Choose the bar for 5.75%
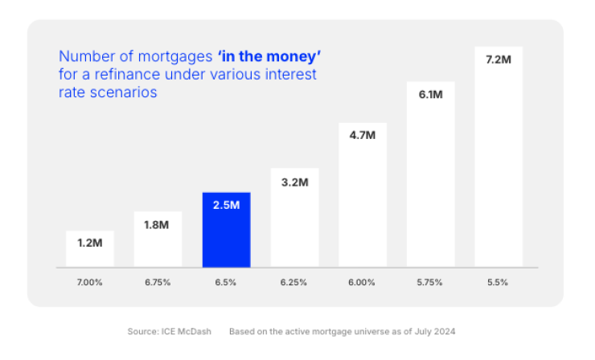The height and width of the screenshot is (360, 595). click(x=431, y=185)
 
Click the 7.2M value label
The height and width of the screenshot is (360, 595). click(x=499, y=61)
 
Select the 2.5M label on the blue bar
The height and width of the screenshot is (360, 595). click(x=226, y=205)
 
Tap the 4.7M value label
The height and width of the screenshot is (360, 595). click(x=363, y=135)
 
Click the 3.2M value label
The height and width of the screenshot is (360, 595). click(x=294, y=182)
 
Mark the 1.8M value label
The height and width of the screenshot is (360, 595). click(x=158, y=224)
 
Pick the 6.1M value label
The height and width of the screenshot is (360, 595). click(x=431, y=95)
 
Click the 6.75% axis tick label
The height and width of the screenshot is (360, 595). click(x=158, y=283)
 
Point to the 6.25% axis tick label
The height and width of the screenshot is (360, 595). click(x=294, y=283)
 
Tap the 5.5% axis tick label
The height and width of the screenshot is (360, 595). click(x=499, y=283)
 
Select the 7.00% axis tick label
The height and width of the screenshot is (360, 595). click(x=90, y=283)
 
